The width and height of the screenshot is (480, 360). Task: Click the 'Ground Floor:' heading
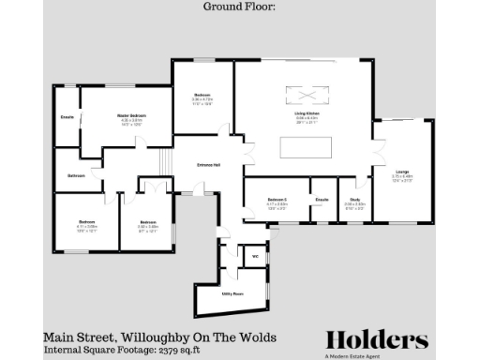click(240, 7)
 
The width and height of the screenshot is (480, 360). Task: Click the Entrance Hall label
click(208, 165)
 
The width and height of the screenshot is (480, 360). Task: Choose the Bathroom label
click(76, 176)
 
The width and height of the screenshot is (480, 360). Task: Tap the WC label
click(254, 255)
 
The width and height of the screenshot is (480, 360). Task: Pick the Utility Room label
click(232, 293)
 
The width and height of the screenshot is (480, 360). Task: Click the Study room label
click(355, 199)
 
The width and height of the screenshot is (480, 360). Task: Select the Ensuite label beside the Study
click(322, 199)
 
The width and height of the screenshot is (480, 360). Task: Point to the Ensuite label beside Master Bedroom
click(67, 117)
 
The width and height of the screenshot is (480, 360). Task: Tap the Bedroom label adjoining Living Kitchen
click(202, 96)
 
